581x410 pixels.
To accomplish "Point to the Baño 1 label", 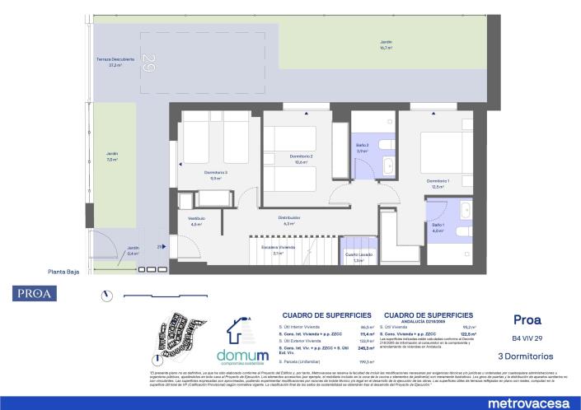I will click(x=438, y=227).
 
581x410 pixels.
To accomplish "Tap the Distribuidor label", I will click(x=288, y=220).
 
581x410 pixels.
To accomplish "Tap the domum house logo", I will click(x=244, y=331).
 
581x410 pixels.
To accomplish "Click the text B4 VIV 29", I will click(x=527, y=338).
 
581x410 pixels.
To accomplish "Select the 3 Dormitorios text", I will click(x=527, y=356).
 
